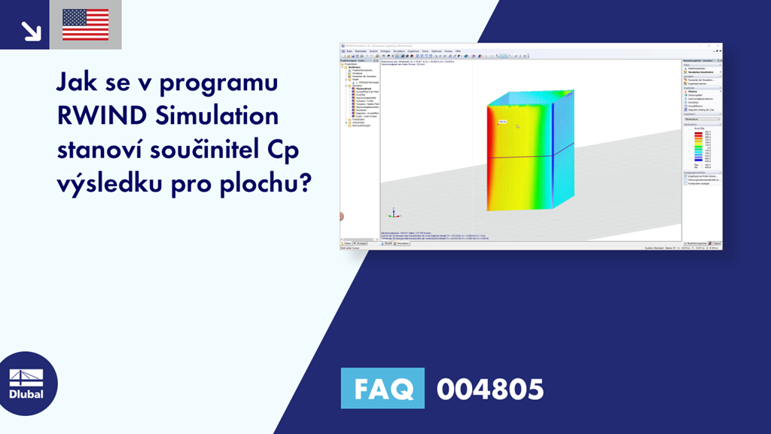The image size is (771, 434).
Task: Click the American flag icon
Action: pos(86,24)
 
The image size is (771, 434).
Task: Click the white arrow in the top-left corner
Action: pos(30,30)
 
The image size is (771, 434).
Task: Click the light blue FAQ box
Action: pos(382,389)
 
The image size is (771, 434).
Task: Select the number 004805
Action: pos(490,390)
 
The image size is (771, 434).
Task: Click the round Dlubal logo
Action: pos(28,385)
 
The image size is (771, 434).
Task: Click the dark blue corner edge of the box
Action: pos(553,151)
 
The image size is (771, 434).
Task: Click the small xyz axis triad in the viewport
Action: pos(391,214)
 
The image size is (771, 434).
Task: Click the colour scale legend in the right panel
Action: pos(699,147)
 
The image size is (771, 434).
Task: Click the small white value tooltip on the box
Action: pos(502,121)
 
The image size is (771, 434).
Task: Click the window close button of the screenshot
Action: pos(719,47)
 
